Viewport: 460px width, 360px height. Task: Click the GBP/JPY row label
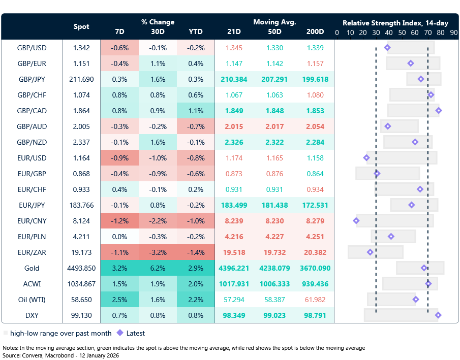32,79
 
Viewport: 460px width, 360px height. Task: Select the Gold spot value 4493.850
81,268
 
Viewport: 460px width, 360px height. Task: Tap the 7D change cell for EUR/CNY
120,221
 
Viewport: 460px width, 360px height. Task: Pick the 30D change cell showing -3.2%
158,252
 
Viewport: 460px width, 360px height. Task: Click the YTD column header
195,31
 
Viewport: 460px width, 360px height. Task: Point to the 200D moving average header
315,31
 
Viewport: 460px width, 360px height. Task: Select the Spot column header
81,27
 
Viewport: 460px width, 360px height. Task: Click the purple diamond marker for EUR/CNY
356,221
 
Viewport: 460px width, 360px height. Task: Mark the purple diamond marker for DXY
438,315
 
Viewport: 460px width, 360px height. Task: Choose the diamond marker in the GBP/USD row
388,48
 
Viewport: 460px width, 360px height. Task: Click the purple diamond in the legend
120,333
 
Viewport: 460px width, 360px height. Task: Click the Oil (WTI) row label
32,300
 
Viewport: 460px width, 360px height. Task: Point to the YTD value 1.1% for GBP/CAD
195,111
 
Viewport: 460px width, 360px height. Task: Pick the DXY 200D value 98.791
315,315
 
